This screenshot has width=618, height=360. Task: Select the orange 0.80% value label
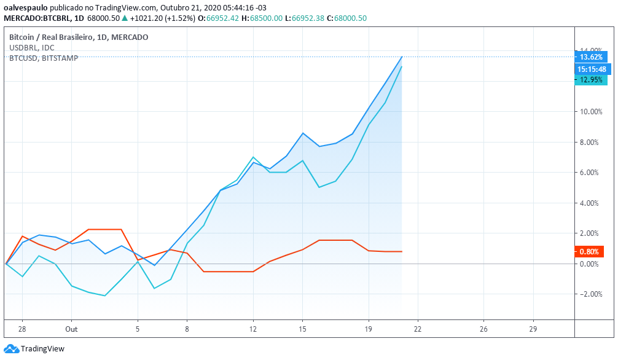(589, 251)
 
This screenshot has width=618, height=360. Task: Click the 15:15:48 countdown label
(592, 69)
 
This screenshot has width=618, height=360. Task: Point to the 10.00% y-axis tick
(589, 112)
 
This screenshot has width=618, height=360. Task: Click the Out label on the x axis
(71, 329)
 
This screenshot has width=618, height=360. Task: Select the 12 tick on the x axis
(253, 329)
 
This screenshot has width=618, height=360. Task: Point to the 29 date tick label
(533, 329)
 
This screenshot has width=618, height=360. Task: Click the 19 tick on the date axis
(369, 329)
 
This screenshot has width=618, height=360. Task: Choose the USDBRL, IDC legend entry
(31, 47)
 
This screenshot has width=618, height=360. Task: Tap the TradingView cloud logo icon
(11, 349)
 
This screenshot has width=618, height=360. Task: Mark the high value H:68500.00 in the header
(262, 18)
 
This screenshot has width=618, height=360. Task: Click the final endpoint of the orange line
(402, 251)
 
